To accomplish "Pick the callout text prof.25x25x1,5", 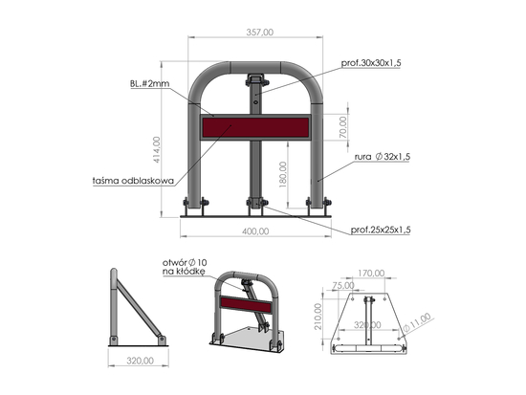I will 381,230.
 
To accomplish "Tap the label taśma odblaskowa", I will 131,179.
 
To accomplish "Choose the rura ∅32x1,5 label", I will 380,156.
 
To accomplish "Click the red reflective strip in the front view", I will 255,126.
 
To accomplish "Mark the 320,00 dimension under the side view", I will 140,362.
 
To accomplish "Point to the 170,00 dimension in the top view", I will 372,274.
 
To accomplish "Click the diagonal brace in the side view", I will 140,308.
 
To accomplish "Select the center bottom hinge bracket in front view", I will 255,204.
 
